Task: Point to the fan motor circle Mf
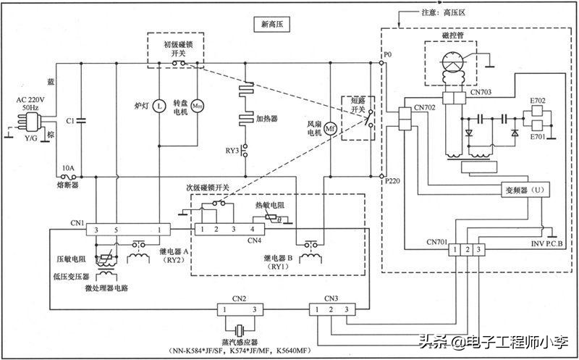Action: click(329, 128)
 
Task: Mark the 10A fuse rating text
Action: click(68, 167)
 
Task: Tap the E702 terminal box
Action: click(537, 110)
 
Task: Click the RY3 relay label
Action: click(232, 151)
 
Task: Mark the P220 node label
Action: click(392, 183)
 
